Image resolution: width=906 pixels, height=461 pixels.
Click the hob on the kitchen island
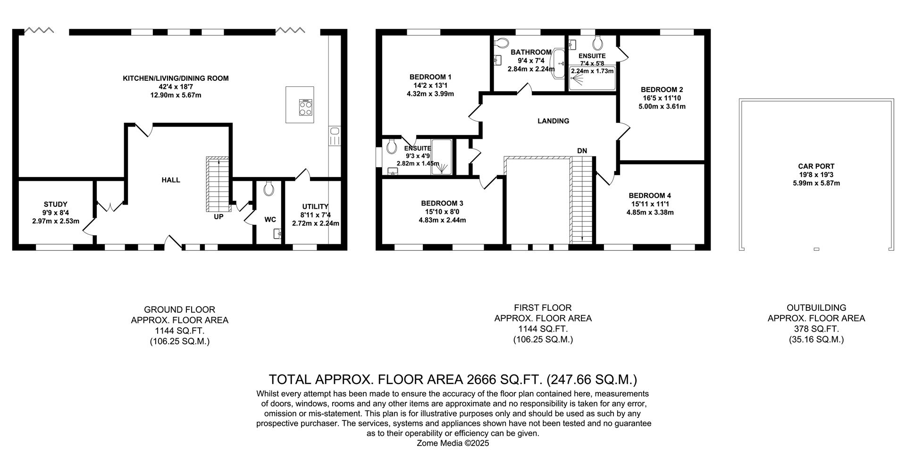(305, 108)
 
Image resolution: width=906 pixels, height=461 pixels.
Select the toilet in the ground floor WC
(269, 188)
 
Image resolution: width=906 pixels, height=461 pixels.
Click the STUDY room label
(56, 205)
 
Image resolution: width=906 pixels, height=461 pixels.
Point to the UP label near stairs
(218, 217)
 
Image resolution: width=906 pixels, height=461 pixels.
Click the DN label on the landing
(582, 151)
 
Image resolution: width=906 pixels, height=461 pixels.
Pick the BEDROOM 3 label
(442, 204)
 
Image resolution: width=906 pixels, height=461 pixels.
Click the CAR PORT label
(816, 166)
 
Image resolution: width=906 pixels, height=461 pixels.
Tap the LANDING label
(553, 121)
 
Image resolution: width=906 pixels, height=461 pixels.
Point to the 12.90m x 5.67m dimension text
(176, 95)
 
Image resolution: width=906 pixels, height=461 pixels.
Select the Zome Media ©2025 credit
(453, 443)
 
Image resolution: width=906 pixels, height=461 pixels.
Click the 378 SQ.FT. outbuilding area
(816, 329)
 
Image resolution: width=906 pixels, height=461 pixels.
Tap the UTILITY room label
(315, 206)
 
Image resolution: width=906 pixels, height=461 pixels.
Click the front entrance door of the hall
(173, 242)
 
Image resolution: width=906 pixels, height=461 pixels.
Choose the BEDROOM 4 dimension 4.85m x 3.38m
(650, 213)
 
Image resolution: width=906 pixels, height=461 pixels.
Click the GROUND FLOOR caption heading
(179, 309)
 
